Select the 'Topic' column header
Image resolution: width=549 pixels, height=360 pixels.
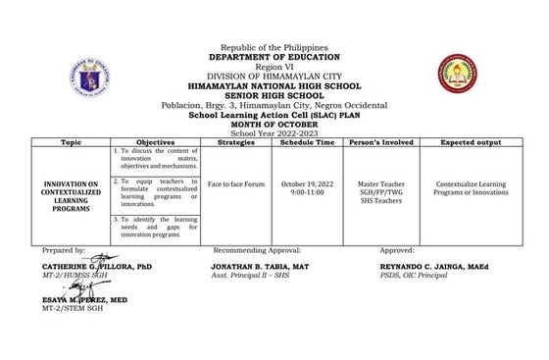tap(71, 141)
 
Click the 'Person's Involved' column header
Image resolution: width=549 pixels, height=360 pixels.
tap(381, 141)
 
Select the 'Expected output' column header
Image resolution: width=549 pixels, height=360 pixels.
tap(467, 141)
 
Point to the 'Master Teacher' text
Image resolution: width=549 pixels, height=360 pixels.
tap(381, 183)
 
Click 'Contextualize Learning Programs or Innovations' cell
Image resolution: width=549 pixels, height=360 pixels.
tap(467, 187)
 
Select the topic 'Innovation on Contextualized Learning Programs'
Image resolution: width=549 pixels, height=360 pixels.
tap(71, 187)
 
